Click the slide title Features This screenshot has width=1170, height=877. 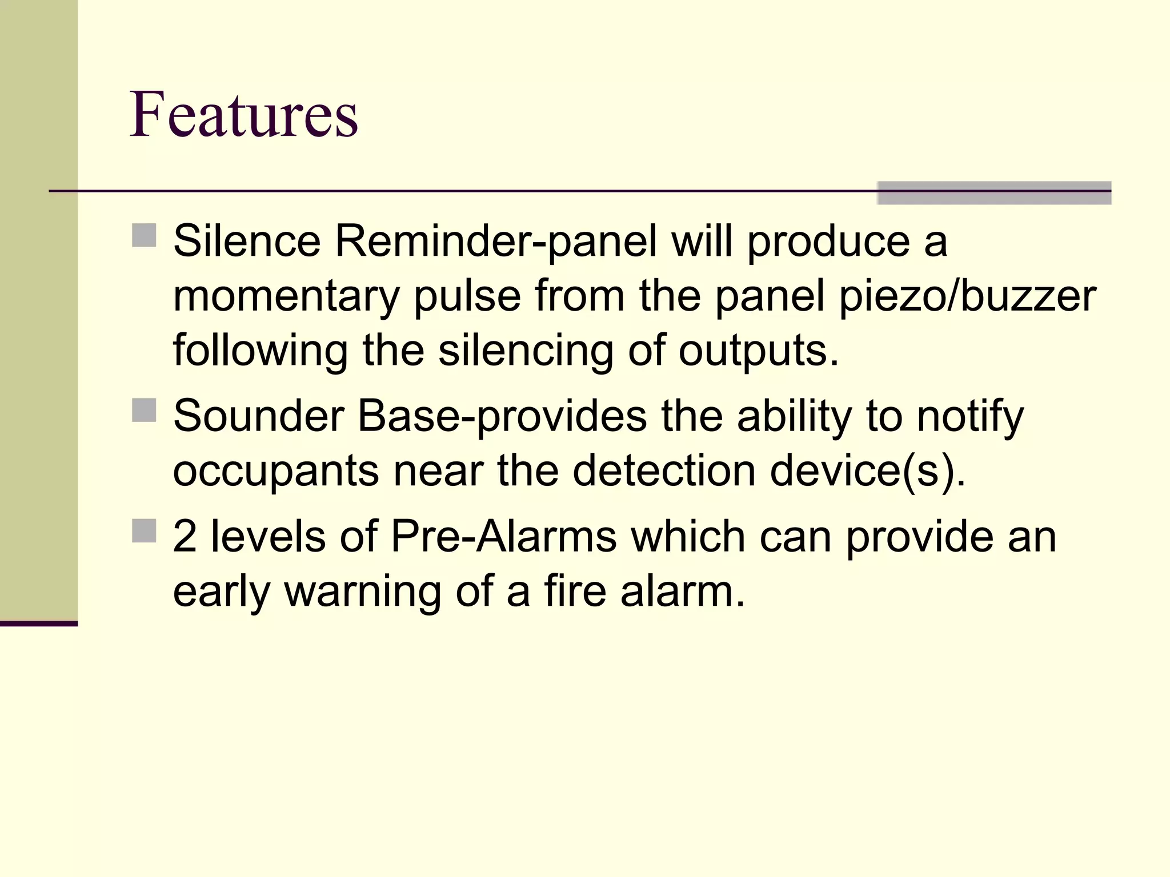pos(244,114)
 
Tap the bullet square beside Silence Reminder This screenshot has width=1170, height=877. pos(144,235)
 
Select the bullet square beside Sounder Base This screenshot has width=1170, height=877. pos(144,410)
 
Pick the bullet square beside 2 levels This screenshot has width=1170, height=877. pos(144,530)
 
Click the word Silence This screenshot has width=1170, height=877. pos(247,241)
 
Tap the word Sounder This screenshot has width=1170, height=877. pos(258,416)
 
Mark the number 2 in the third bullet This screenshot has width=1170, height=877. pos(185,537)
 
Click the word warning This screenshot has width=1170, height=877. pos(363,592)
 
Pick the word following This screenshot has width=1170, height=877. pos(261,351)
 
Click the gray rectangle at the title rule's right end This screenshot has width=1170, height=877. pos(994,193)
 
